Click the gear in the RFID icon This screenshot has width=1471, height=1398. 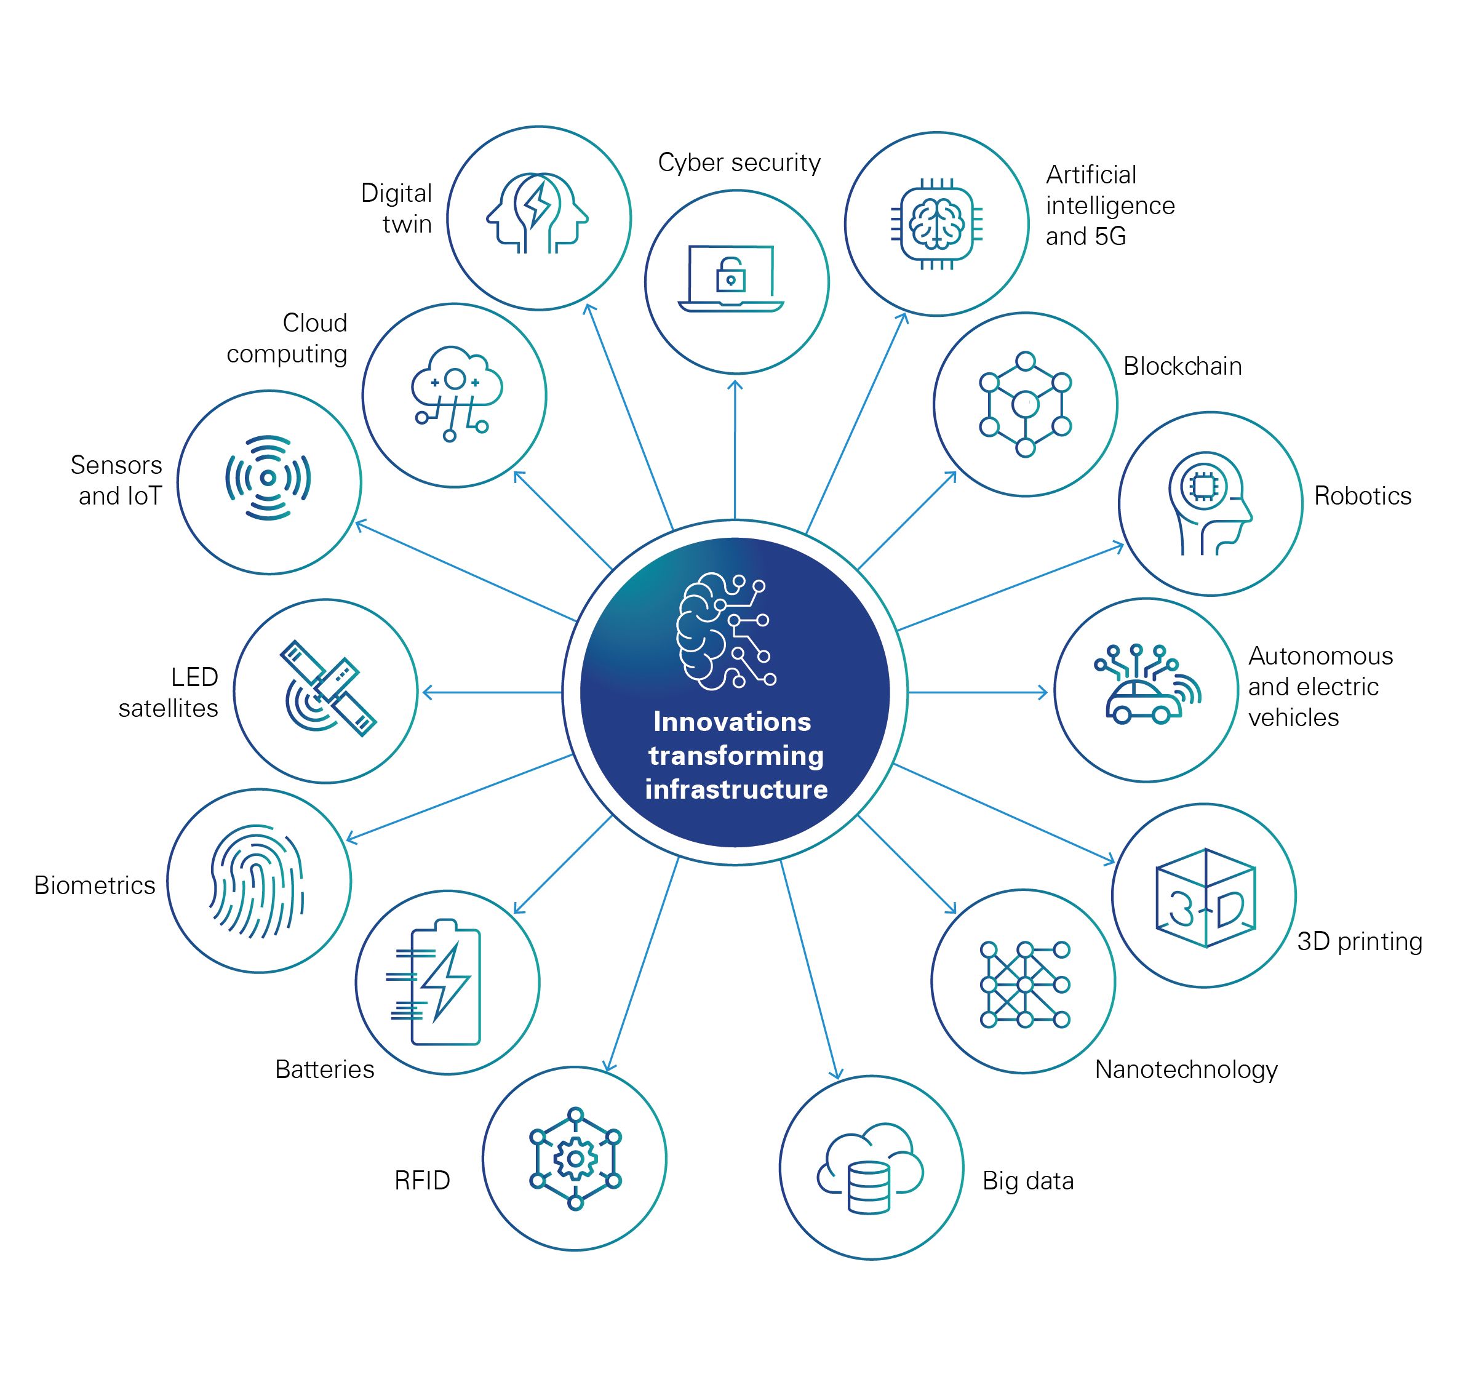[575, 1159]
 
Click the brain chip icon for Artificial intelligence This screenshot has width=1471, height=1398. [937, 223]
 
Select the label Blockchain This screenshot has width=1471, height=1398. [1182, 367]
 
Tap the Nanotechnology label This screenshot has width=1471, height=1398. [1186, 1069]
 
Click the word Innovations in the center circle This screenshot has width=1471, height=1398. [732, 721]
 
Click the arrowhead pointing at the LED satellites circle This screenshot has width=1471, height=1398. [428, 693]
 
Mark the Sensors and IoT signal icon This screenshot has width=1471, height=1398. [268, 477]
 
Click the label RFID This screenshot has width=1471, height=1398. [422, 1180]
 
